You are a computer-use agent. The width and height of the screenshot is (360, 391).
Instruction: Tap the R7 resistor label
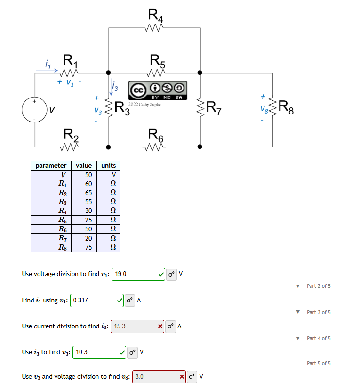[x=217, y=109]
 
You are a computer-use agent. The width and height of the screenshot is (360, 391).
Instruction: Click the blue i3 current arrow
[x=111, y=88]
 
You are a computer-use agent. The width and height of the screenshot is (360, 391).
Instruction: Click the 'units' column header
[x=108, y=165]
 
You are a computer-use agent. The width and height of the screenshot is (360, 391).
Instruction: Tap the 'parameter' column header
[x=51, y=165]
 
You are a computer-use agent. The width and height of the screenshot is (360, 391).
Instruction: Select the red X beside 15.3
[x=160, y=326]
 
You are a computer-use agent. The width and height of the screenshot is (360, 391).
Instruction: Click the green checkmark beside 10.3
[x=122, y=352]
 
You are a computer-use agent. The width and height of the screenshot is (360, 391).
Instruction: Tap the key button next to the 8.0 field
[x=192, y=377]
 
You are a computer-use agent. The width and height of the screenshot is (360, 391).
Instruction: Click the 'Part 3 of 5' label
[x=318, y=312]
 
